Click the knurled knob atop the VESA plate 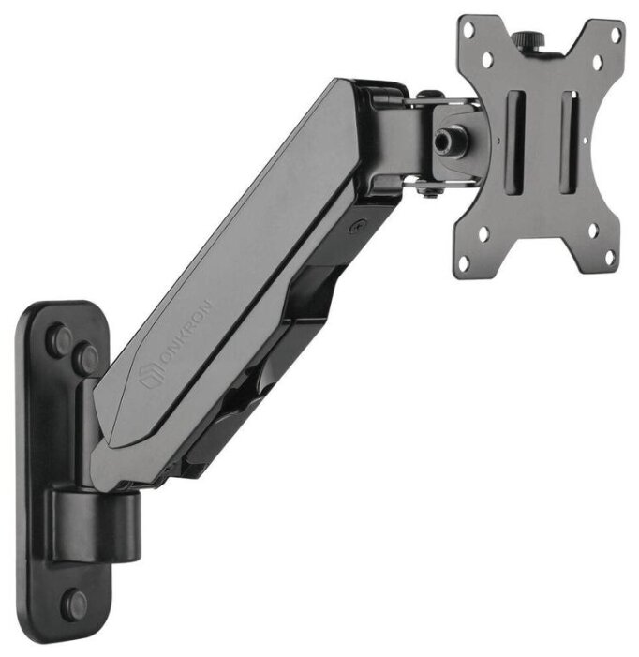528,40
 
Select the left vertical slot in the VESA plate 516,142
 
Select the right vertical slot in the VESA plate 570,142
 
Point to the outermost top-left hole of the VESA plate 469,31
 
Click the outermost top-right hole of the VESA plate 616,35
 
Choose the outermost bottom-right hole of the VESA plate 610,257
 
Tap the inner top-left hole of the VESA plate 487,60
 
